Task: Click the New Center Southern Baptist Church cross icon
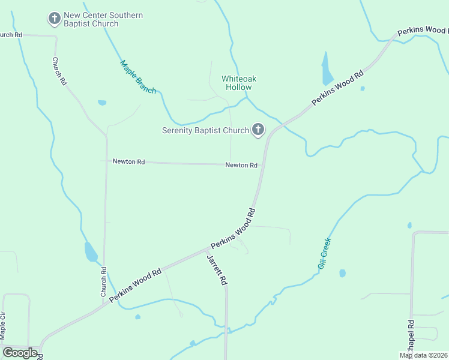coord(55,19)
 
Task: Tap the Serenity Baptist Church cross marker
coord(258,130)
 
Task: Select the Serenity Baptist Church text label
coord(205,130)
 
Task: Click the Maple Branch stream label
coord(138,77)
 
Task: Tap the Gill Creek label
coord(324,253)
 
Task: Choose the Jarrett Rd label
coord(217,269)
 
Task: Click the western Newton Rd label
coord(128,161)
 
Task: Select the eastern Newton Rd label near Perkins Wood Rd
coord(241,165)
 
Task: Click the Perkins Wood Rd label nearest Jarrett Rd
coord(233,229)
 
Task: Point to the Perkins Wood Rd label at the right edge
coord(423,31)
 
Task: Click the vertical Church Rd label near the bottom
coord(103,282)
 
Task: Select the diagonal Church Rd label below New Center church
coord(59,71)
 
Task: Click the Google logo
coord(20,352)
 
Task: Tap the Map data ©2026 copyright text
coord(423,355)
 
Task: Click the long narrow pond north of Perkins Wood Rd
coord(327,70)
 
